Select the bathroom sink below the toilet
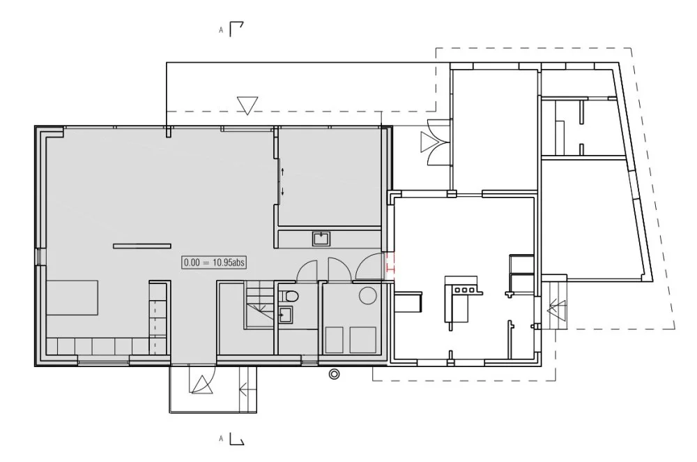coord(286,315)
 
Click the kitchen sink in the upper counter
coord(321,239)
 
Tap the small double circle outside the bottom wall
coord(335,375)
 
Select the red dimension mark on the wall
coord(390,265)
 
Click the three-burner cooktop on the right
coord(464,288)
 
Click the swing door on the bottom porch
coord(201,383)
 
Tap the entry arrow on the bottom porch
coord(244,388)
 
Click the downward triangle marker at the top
coord(247,105)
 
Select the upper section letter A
coord(221,31)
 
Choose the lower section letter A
coord(221,438)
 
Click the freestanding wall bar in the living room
coord(142,246)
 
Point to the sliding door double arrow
coord(283,181)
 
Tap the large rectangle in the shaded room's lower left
coord(72,297)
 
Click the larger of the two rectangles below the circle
coord(363,340)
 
